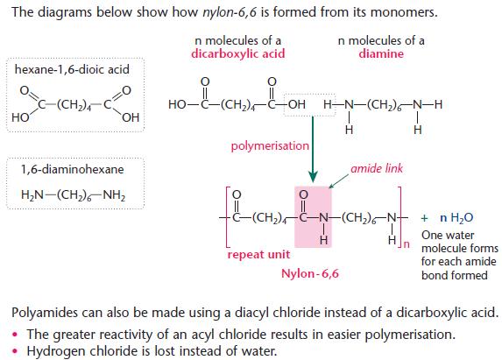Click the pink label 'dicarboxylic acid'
coord(238,53)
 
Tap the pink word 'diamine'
coord(381,53)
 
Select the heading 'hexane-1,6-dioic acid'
coord(72,69)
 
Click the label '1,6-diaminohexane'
coord(72,169)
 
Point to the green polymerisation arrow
coord(313,150)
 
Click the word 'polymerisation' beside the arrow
coord(270,146)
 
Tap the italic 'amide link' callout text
coord(377,168)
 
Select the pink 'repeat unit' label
coord(258,254)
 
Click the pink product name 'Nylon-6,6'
coord(310,273)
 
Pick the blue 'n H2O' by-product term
coord(456,218)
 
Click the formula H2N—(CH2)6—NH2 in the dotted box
coord(73,194)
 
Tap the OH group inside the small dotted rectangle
coord(297,104)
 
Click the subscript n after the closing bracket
coord(407,244)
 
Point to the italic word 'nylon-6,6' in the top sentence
coord(230,12)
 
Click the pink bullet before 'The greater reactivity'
coord(15,335)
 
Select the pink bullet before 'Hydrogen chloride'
coord(15,351)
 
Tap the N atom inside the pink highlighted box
coord(323,218)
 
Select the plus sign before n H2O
coord(425,218)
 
